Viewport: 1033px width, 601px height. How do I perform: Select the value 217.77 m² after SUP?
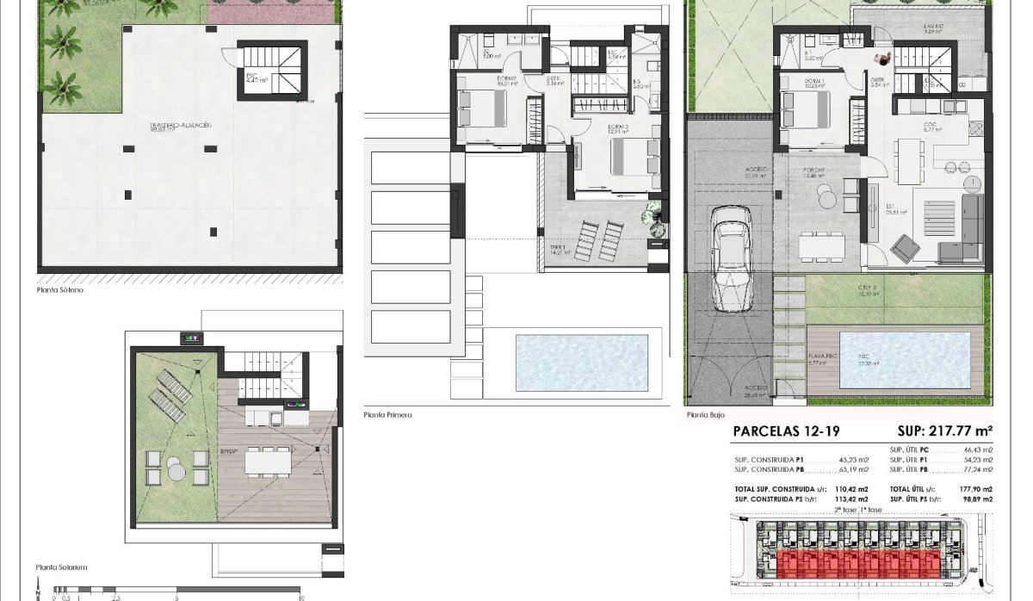pyautogui.click(x=953, y=432)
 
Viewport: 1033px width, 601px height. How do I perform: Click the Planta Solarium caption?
pyautogui.click(x=62, y=567)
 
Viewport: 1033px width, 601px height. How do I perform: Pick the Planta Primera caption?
pyautogui.click(x=387, y=415)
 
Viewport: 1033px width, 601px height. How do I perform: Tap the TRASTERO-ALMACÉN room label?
pyautogui.click(x=180, y=126)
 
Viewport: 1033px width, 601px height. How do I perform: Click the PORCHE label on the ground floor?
pyautogui.click(x=814, y=170)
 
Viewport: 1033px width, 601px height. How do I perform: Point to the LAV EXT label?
pyautogui.click(x=935, y=28)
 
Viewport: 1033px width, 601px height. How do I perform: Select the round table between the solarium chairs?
pyautogui.click(x=175, y=471)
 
